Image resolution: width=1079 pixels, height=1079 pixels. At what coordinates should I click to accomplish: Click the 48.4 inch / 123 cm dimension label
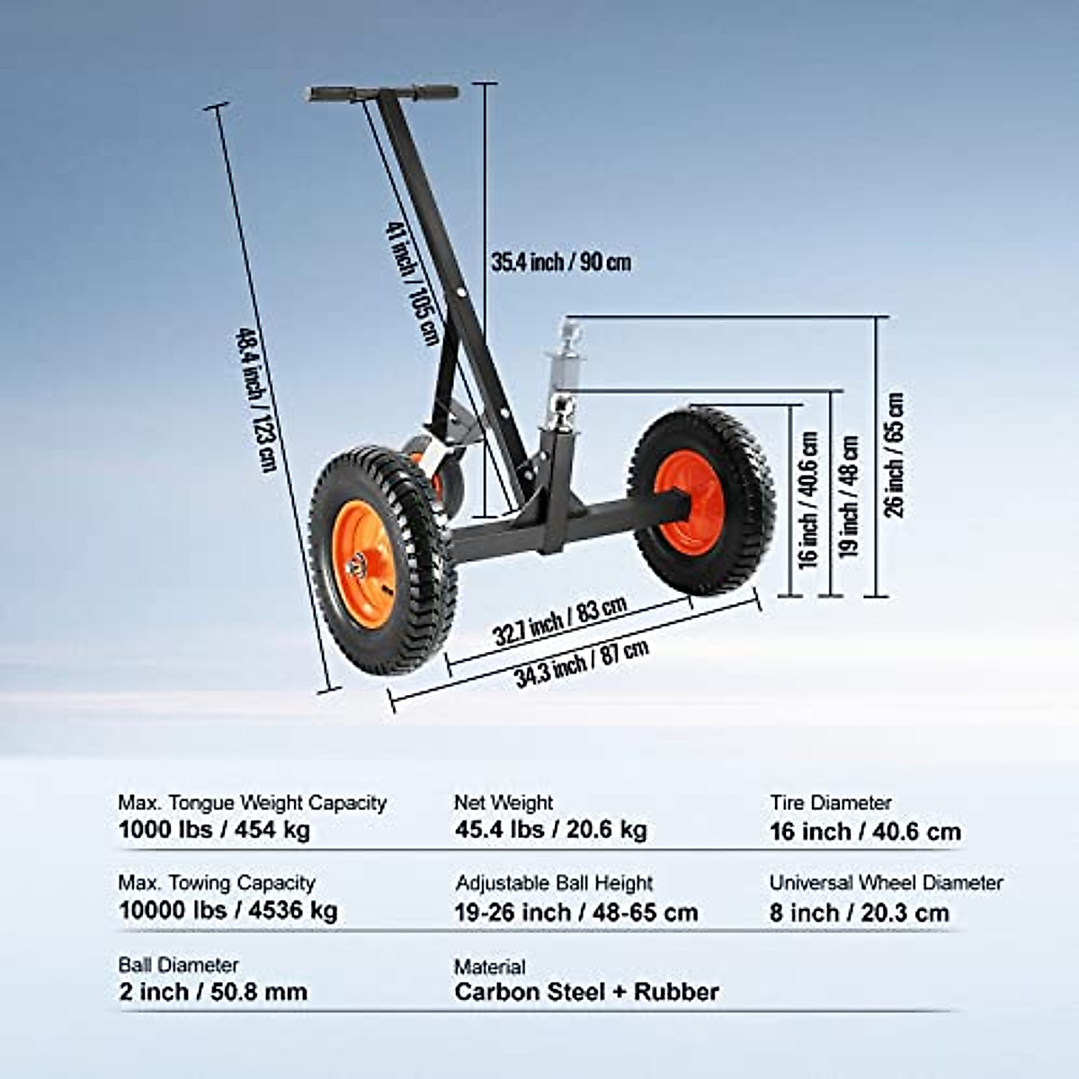(x=254, y=399)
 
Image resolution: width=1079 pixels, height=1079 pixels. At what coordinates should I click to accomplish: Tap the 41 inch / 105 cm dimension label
(x=413, y=284)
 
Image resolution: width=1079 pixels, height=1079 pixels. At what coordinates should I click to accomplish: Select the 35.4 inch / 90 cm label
(x=561, y=263)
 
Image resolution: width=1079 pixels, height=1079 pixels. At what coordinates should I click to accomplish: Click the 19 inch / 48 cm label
(x=850, y=496)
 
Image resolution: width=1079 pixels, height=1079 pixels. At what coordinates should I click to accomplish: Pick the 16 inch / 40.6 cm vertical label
(x=808, y=500)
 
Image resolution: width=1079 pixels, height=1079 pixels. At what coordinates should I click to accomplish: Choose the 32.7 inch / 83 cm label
(x=559, y=621)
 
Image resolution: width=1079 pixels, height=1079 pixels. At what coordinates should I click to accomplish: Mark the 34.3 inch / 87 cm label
(x=582, y=664)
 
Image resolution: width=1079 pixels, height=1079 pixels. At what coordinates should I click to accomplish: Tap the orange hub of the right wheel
(x=690, y=502)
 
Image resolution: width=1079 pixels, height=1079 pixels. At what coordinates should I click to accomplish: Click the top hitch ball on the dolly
(x=572, y=332)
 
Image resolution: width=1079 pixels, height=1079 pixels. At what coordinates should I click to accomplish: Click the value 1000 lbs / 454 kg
(x=214, y=829)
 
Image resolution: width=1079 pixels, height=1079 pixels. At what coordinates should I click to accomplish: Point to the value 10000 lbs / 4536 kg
(x=228, y=910)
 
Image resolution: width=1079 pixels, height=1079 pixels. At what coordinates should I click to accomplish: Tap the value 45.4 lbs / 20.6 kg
(x=550, y=829)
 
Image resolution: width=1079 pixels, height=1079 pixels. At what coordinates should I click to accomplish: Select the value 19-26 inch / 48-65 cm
(x=576, y=913)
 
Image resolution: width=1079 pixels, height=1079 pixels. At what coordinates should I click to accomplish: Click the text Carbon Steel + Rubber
(x=586, y=992)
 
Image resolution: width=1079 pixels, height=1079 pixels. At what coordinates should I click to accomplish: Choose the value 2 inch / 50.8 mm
(x=213, y=992)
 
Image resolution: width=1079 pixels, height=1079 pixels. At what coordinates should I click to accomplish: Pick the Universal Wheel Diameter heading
(x=886, y=883)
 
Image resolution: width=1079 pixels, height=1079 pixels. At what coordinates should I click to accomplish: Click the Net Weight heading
(x=504, y=802)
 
